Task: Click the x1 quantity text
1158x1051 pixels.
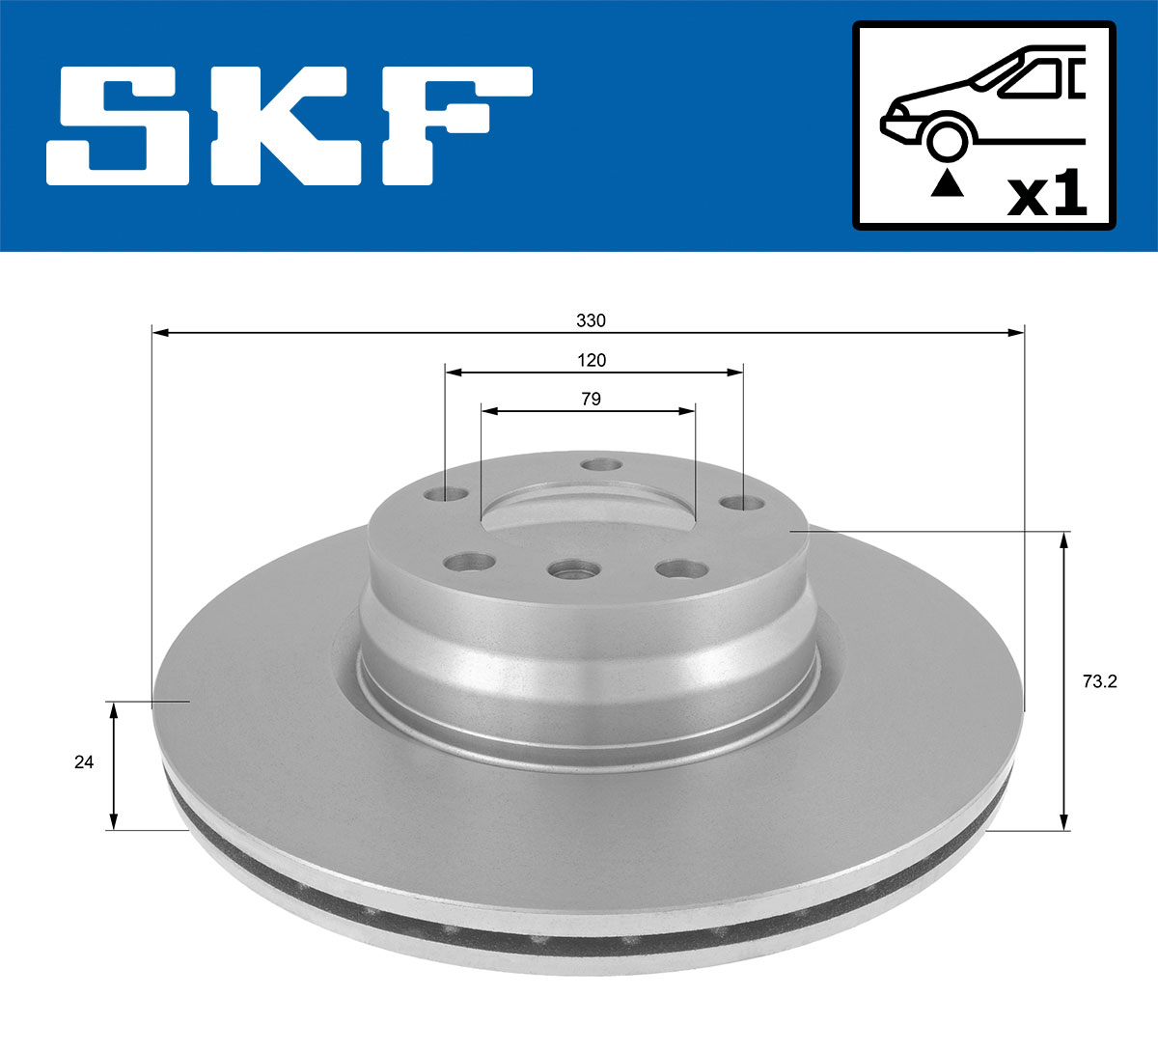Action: tap(1047, 194)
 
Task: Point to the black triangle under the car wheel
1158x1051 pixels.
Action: tap(948, 182)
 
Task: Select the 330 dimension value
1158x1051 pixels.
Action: tap(591, 320)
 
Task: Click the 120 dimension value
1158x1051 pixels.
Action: tap(592, 360)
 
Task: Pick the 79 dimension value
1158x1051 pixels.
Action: tap(592, 399)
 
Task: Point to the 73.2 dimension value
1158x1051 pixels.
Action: tap(1099, 681)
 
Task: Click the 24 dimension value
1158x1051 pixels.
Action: tap(84, 762)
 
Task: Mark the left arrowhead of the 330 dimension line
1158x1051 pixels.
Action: tap(160, 333)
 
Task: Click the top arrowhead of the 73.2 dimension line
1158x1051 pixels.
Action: tap(1064, 539)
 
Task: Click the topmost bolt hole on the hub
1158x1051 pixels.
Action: tap(603, 465)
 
